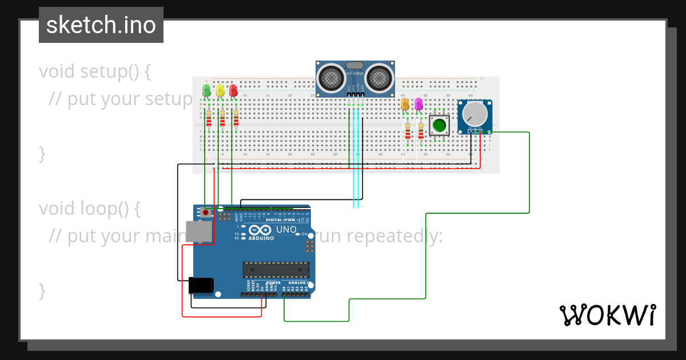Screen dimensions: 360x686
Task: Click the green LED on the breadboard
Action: (206, 90)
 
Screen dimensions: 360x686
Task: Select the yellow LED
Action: (220, 90)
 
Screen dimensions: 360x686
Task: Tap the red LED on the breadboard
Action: (233, 90)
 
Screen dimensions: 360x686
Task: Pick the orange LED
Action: (405, 104)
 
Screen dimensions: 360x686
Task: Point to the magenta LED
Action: (418, 104)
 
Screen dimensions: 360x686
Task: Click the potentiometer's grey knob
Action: (473, 114)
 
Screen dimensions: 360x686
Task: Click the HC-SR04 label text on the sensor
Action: (355, 74)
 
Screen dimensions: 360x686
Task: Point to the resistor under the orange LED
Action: (408, 131)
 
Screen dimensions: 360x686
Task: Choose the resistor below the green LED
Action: (209, 118)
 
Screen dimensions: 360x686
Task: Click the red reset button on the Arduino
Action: (205, 213)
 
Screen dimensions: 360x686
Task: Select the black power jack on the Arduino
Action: (201, 285)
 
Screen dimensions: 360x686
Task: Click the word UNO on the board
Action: (286, 230)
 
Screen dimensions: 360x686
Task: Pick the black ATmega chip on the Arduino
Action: (276, 270)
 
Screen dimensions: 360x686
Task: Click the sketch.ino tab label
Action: (101, 25)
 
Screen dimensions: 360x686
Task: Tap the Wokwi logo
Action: (607, 315)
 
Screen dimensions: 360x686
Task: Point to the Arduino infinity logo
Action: (257, 230)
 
